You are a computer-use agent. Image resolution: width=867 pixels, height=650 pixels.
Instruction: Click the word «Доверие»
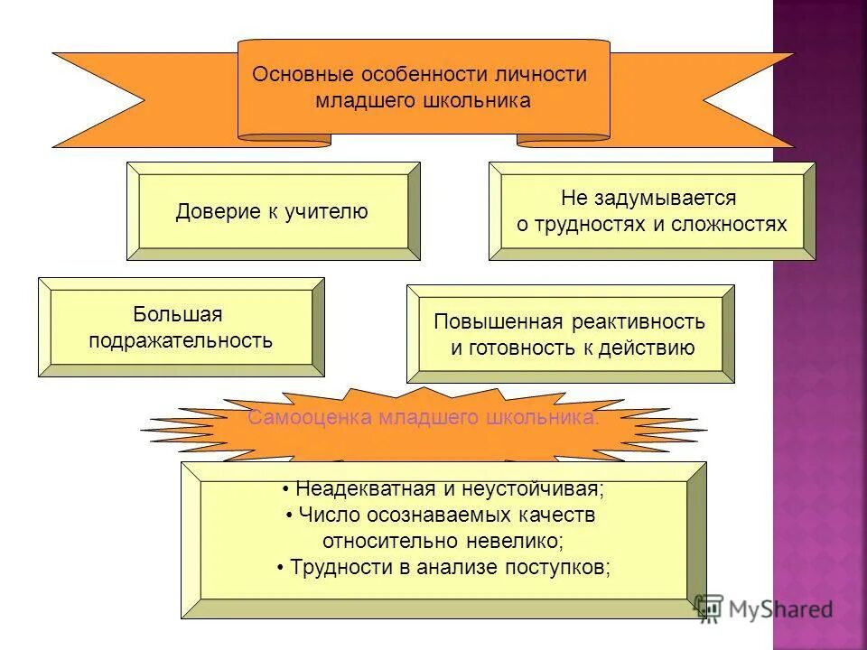pyautogui.click(x=213, y=211)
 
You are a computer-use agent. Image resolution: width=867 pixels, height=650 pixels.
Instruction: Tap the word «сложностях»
pyautogui.click(x=730, y=224)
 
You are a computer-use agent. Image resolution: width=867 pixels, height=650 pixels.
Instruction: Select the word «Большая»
pyautogui.click(x=178, y=314)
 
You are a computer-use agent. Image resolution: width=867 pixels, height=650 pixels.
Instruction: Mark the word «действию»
pyautogui.click(x=655, y=348)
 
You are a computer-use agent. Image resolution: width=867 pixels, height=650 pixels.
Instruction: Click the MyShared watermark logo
pyautogui.click(x=764, y=609)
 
